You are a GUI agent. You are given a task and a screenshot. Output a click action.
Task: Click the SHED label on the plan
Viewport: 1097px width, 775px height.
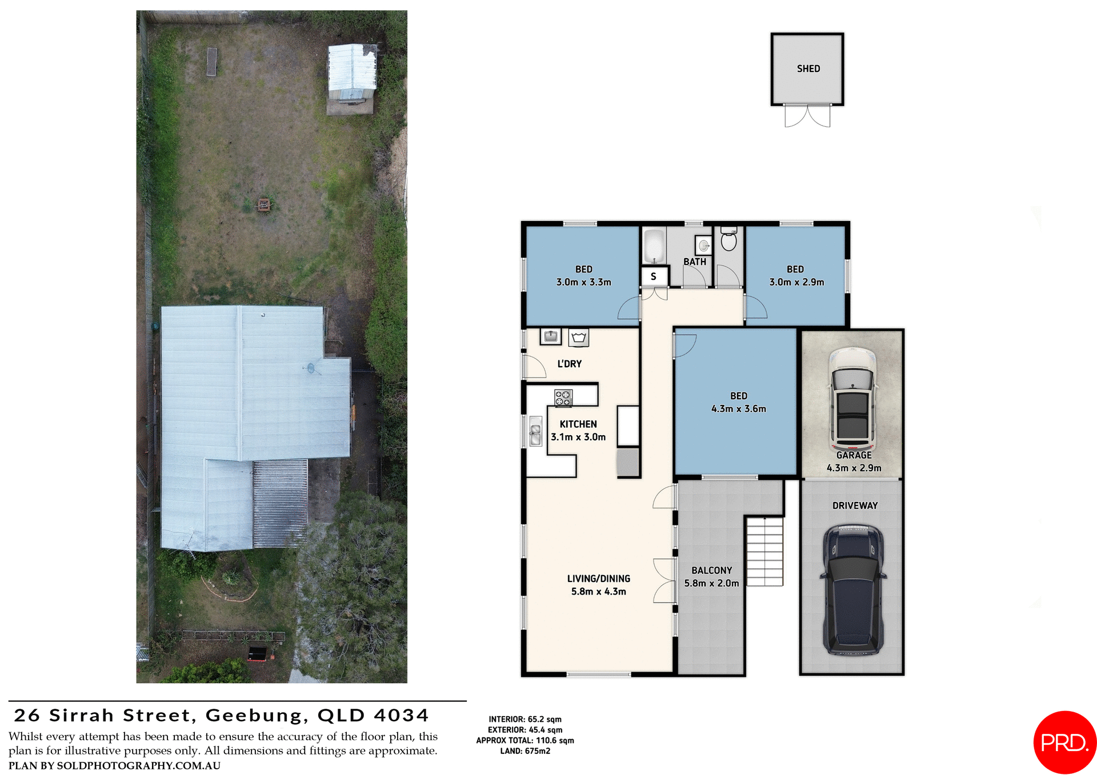click(808, 69)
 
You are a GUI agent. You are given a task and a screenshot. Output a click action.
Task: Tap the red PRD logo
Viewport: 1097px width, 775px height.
click(1064, 742)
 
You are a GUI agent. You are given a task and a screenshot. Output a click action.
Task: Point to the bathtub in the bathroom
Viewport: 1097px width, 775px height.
click(654, 246)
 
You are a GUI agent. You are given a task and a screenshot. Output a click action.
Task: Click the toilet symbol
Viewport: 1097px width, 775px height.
click(728, 240)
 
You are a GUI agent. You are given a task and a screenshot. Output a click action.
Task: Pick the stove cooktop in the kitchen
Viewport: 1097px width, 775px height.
click(563, 397)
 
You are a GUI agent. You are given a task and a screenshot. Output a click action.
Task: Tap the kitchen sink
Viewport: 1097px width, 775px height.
click(535, 431)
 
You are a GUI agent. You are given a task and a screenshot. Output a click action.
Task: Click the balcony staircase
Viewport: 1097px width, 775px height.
click(764, 552)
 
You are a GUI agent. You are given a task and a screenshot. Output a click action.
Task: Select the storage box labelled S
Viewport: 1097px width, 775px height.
click(654, 276)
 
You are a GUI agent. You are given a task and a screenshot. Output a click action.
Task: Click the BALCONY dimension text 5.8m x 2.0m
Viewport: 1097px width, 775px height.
click(711, 583)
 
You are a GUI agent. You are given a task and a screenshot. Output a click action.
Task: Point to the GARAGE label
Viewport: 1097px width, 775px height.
click(854, 455)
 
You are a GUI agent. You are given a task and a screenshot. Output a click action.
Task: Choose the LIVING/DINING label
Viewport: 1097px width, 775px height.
click(598, 579)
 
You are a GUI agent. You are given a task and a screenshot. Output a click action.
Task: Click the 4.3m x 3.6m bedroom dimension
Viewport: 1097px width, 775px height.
click(738, 409)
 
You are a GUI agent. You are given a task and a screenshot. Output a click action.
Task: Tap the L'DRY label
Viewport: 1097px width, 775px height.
click(569, 364)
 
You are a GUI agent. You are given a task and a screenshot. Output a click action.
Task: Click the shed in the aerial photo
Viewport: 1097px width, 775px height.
click(351, 74)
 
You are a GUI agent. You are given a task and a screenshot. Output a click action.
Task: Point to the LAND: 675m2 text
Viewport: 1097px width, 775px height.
click(525, 751)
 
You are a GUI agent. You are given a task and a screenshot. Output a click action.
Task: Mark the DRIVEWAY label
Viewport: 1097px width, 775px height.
click(855, 505)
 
